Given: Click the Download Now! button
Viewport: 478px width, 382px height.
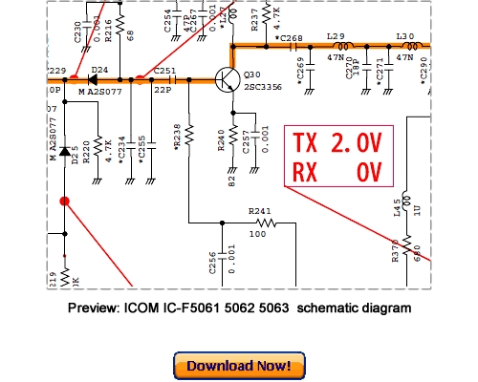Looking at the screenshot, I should pyautogui.click(x=239, y=366).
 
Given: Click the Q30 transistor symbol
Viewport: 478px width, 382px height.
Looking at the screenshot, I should pyautogui.click(x=228, y=81).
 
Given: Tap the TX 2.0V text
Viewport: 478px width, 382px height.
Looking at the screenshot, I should pyautogui.click(x=337, y=144).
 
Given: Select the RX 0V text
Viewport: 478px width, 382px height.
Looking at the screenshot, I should pyautogui.click(x=337, y=173).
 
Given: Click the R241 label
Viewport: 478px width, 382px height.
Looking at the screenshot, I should pyautogui.click(x=259, y=211).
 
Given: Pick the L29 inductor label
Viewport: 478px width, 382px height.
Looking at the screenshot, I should pyautogui.click(x=336, y=36).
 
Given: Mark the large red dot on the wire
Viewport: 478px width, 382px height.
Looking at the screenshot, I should pyautogui.click(x=65, y=202).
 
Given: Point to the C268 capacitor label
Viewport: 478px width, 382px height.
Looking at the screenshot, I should pyautogui.click(x=291, y=38).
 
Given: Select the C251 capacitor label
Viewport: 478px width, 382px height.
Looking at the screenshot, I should pyautogui.click(x=164, y=71).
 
